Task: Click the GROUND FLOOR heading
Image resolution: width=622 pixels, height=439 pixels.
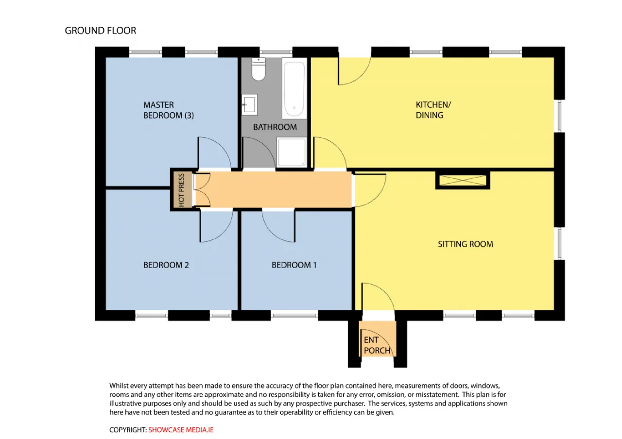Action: (x=101, y=31)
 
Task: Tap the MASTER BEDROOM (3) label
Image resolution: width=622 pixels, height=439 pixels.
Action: (x=169, y=110)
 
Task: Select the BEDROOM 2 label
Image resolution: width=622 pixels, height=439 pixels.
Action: (x=166, y=265)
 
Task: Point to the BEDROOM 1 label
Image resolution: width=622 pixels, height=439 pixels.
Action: (x=294, y=265)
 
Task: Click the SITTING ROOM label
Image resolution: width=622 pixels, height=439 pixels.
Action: (x=466, y=244)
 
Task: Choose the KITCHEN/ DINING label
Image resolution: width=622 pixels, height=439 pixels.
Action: (x=433, y=110)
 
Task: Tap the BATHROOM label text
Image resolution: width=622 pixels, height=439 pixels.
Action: (x=275, y=127)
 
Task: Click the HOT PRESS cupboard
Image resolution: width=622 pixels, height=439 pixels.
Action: (x=181, y=190)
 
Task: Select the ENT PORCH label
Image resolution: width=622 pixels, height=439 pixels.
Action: (x=377, y=345)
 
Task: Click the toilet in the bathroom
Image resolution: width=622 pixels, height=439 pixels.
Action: (x=259, y=69)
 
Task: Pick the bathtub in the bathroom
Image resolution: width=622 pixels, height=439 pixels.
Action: (x=294, y=88)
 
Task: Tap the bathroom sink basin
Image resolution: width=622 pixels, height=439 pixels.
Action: (x=250, y=104)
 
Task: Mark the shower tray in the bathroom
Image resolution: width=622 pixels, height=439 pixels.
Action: (x=292, y=152)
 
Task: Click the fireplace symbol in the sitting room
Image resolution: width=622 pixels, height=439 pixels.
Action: (x=463, y=181)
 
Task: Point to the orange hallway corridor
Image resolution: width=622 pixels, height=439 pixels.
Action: (x=274, y=189)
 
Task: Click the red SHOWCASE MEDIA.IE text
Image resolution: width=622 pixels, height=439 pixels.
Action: (x=181, y=430)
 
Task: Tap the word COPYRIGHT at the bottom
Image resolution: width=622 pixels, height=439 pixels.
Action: (x=128, y=430)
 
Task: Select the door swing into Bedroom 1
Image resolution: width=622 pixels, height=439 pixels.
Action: (x=278, y=226)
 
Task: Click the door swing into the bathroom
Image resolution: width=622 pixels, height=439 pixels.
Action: (x=259, y=152)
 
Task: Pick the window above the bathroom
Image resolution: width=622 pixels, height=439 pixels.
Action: (x=276, y=52)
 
